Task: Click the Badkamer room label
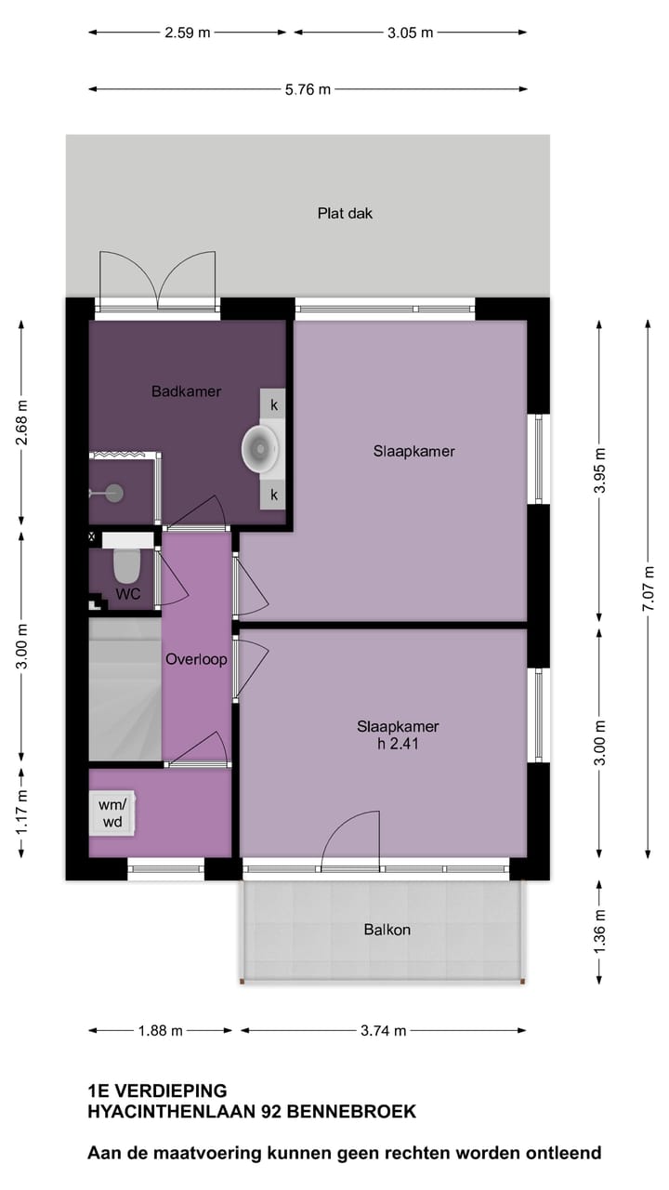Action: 186,391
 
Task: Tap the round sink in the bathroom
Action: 261,448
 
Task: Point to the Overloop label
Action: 196,659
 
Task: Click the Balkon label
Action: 387,929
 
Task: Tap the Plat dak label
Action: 345,213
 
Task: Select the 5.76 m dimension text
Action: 308,90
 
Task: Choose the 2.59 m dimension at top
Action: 188,33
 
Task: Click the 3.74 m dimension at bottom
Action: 384,1030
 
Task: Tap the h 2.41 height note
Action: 398,742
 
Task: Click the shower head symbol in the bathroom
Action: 113,493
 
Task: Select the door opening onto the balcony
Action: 350,839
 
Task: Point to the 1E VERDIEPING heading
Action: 156,1091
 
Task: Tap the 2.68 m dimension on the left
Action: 23,423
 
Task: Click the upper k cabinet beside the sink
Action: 274,404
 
